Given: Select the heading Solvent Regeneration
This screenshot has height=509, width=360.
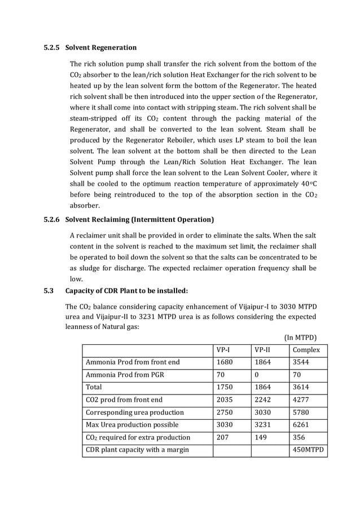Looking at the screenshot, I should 101,47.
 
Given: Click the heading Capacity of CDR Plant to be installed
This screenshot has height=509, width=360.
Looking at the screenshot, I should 126,291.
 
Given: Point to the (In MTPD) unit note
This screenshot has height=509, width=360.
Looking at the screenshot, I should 301,337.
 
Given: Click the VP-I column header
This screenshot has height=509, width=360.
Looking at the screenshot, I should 223,350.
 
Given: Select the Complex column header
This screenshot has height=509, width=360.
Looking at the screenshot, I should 306,350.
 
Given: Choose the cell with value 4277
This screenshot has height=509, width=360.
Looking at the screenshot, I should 301,400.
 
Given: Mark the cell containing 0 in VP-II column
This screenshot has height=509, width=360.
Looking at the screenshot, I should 257,375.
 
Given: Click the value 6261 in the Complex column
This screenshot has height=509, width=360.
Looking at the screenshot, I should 301,424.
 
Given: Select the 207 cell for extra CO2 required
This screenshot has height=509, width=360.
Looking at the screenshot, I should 223,437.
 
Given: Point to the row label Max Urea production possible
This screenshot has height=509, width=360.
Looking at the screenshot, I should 131,424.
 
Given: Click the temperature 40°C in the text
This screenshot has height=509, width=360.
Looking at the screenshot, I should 307,183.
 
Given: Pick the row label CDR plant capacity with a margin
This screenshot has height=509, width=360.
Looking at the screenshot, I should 137,450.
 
